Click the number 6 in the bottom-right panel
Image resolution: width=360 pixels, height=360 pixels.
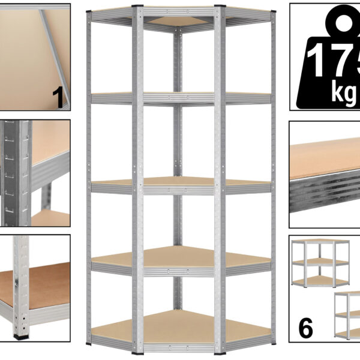coord(305,328)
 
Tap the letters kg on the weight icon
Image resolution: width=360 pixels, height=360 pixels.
coord(345,94)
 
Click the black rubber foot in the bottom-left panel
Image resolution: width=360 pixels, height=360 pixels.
coord(21,337)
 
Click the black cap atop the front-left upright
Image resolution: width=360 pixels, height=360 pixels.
coord(137,6)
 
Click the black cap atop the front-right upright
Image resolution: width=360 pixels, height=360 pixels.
coord(220,6)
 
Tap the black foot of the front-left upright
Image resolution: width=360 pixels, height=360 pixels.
coord(137,353)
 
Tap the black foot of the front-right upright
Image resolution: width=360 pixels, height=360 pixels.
coord(220,353)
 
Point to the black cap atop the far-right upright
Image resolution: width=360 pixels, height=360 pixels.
coord(273,11)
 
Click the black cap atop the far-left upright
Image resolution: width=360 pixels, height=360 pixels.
coord(89,11)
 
